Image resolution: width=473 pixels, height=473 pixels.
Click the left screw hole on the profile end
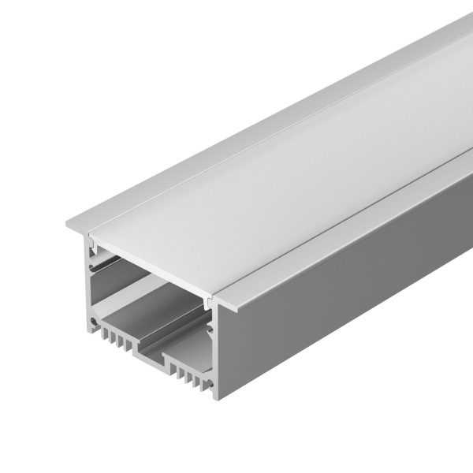tap(95, 322)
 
